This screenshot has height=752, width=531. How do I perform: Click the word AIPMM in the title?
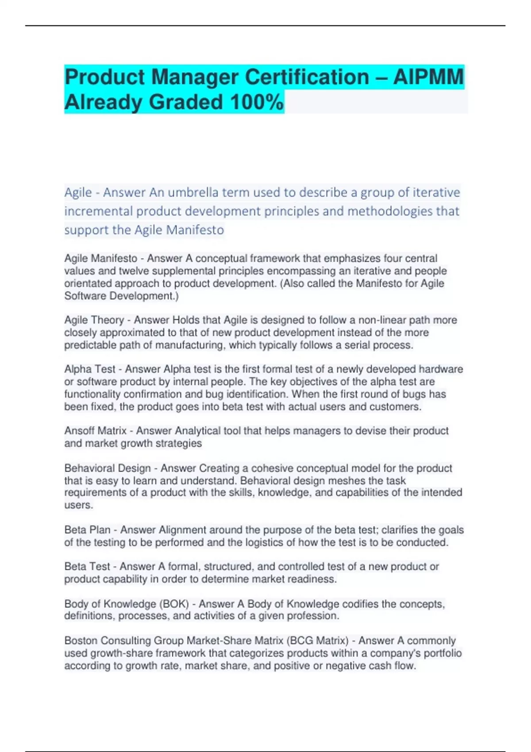(x=428, y=77)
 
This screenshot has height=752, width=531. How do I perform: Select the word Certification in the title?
(x=307, y=77)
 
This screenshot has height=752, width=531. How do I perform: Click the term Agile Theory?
(x=94, y=320)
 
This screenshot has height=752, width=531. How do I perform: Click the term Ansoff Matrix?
(x=95, y=430)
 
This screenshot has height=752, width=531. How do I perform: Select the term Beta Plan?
(x=87, y=529)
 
